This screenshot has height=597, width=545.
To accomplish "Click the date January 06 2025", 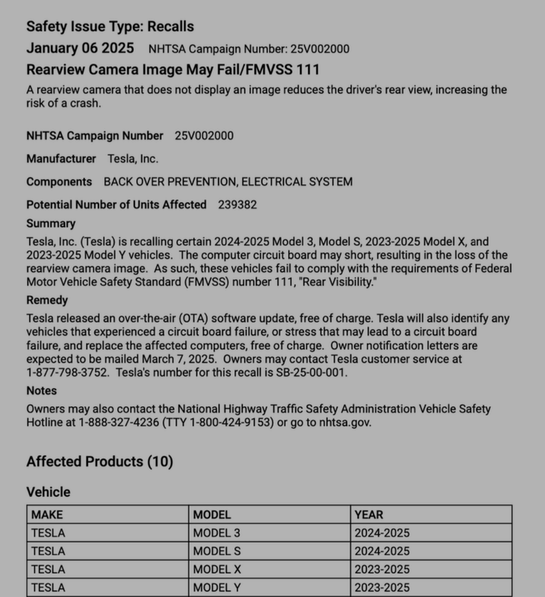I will tap(80, 49).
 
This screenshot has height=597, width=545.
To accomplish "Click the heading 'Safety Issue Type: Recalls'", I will tap(110, 27).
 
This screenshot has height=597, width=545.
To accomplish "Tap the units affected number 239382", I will tap(242, 204).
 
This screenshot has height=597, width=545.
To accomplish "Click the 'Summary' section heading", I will tap(51, 223).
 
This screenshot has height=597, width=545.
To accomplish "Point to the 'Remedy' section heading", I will tap(47, 301).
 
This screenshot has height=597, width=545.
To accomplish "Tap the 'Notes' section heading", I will tap(41, 390).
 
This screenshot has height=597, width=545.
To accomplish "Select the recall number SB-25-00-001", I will tap(308, 372).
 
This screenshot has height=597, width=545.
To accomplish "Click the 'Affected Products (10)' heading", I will tap(99, 462).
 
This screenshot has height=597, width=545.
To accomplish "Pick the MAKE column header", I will tap(47, 514).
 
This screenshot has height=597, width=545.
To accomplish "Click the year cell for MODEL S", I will tap(383, 551).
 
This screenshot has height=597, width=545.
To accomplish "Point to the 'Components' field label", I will tap(59, 182).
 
